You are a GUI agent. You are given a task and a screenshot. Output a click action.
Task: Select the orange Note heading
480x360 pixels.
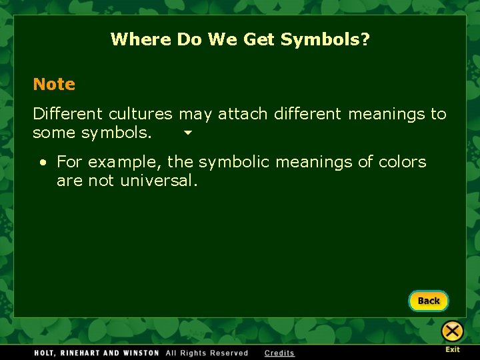[x=54, y=85]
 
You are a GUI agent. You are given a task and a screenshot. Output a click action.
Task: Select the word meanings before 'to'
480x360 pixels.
[x=386, y=114]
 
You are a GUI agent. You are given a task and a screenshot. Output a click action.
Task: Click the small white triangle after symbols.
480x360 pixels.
[x=187, y=133]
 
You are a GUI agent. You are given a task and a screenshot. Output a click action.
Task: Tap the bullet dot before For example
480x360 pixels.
[x=43, y=163]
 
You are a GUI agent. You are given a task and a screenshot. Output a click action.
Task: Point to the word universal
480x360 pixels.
[x=159, y=181]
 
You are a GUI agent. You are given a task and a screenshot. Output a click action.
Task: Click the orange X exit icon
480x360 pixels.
[x=452, y=331]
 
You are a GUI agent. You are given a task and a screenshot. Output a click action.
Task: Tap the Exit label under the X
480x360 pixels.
[x=453, y=349]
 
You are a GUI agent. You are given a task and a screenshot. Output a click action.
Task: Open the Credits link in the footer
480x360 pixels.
[x=279, y=353]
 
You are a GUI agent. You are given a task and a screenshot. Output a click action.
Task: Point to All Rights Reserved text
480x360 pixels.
[x=207, y=353]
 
